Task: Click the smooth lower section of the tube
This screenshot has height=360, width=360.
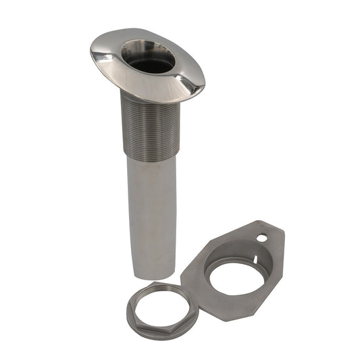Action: (152, 209)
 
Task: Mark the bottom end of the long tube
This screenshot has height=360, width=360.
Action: (154, 273)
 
